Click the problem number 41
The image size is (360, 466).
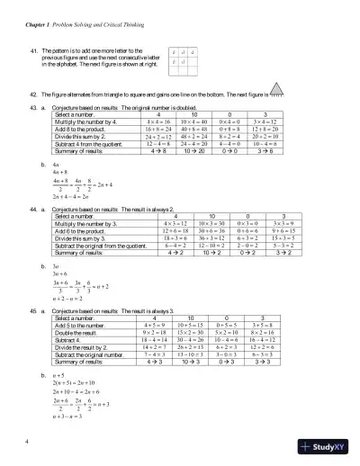[35, 52]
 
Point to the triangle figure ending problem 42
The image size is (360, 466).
[276, 92]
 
